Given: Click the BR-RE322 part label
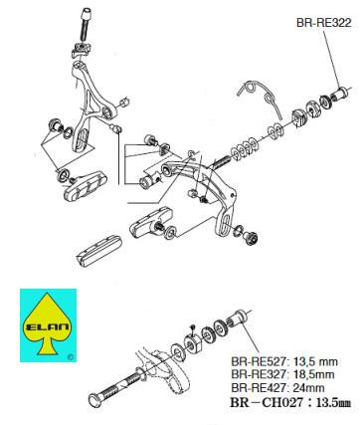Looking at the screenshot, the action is (323, 23).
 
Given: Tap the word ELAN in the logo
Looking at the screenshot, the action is (47, 327).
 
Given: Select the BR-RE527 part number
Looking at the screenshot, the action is (260, 361).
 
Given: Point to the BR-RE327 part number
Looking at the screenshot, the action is (260, 374).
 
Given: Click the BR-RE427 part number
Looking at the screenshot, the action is (260, 387).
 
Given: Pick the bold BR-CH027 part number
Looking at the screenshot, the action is (267, 402).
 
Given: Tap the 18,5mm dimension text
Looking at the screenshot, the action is (314, 374).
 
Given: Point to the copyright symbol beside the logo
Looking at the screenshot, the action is (70, 357).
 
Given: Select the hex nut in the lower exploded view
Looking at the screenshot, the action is (192, 341).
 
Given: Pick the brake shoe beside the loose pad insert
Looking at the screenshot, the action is (150, 222).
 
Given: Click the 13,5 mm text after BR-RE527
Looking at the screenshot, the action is (315, 361).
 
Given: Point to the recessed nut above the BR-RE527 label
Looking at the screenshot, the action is (238, 319).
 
